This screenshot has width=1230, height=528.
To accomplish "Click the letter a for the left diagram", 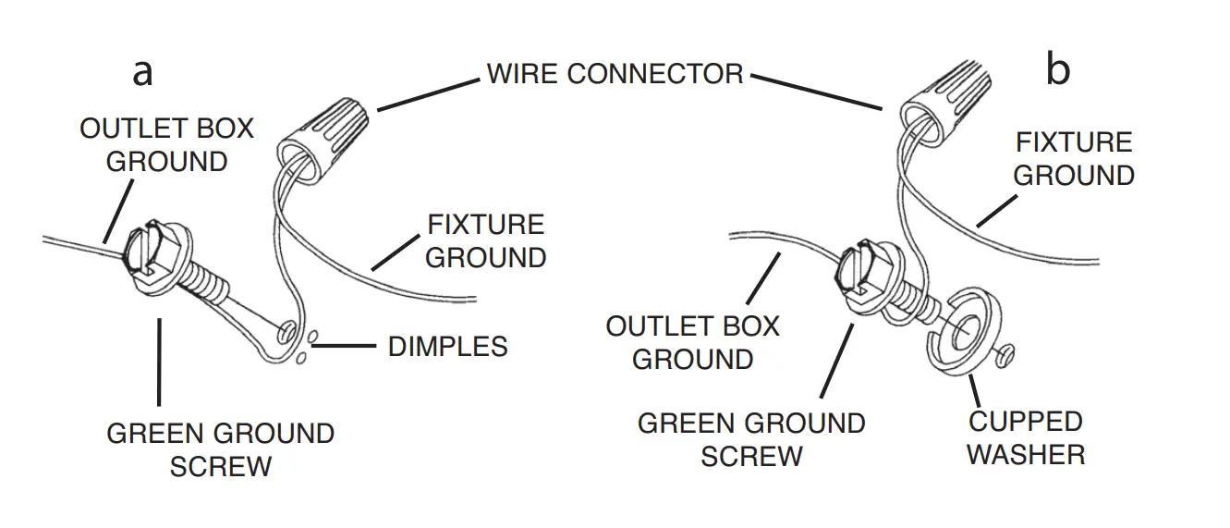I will [x=142, y=72].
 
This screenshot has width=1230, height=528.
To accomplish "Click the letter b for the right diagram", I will [x=1057, y=70].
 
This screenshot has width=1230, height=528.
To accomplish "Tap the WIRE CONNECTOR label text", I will [x=615, y=74].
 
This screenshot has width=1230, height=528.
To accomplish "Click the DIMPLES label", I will [x=447, y=347].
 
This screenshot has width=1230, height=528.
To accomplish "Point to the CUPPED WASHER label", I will [x=1025, y=437].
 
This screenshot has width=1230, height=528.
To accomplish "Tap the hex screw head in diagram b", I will [x=868, y=269].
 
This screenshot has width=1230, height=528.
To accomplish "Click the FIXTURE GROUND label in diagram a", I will [x=485, y=240].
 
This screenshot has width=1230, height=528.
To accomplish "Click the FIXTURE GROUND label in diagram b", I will [x=1074, y=158].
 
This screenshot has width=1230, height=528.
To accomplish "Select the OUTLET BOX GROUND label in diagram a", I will [x=166, y=144].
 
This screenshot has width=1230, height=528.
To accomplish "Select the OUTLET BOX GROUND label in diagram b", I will [x=692, y=342].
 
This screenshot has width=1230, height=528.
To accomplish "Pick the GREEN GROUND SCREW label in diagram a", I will [x=220, y=449].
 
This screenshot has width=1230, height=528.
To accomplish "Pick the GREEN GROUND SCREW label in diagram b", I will [x=750, y=439].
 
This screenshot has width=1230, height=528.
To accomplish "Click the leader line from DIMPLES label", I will [x=347, y=347].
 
